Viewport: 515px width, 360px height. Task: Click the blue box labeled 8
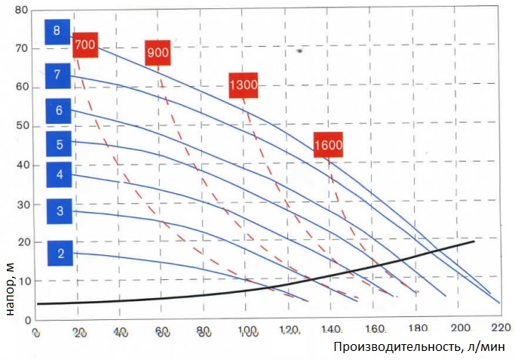click(57, 31)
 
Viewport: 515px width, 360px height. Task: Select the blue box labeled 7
click(57, 74)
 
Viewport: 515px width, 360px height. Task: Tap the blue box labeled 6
click(58, 110)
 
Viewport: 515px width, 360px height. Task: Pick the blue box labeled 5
click(58, 143)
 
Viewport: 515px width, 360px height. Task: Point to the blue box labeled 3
click(60, 211)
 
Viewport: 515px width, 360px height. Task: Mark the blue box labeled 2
click(60, 253)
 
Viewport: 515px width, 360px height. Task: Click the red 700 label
click(85, 45)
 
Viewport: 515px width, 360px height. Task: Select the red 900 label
click(158, 53)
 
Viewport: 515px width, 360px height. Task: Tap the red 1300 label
click(244, 85)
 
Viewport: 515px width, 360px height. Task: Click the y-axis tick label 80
click(20, 11)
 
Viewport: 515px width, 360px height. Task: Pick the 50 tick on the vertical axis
click(20, 126)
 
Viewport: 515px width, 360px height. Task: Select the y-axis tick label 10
click(20, 282)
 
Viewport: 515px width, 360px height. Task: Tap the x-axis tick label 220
click(497, 329)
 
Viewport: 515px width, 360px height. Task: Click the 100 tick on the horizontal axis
click(246, 331)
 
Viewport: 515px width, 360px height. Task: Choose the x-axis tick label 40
click(120, 331)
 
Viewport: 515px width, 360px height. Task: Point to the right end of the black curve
click(474, 242)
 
